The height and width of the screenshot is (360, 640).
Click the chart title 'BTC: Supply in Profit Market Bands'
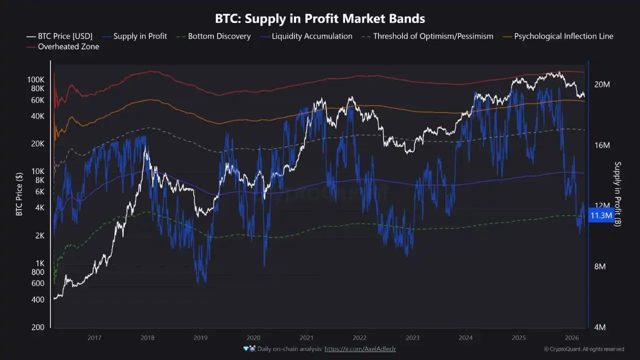[x=320, y=18]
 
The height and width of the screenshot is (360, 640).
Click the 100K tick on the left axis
[x=35, y=79]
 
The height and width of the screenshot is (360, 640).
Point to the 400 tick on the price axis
[x=37, y=299]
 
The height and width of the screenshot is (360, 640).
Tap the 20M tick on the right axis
[x=602, y=84]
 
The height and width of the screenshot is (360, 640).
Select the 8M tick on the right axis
[x=600, y=266]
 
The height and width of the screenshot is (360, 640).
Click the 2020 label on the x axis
[x=253, y=338]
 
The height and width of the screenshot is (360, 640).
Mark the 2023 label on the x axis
[x=412, y=338]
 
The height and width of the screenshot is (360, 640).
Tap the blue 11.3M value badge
[x=601, y=215]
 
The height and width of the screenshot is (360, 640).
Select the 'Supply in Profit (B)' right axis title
[x=617, y=193]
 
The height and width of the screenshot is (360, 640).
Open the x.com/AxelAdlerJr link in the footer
[x=360, y=348]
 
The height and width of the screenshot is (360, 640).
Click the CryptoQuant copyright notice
[x=584, y=349]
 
